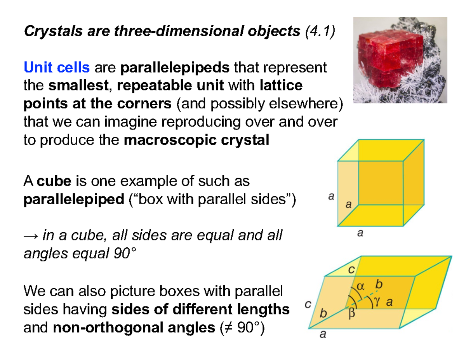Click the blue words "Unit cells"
click(57, 68)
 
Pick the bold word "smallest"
click(78, 85)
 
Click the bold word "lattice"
click(281, 85)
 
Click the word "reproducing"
click(195, 122)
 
